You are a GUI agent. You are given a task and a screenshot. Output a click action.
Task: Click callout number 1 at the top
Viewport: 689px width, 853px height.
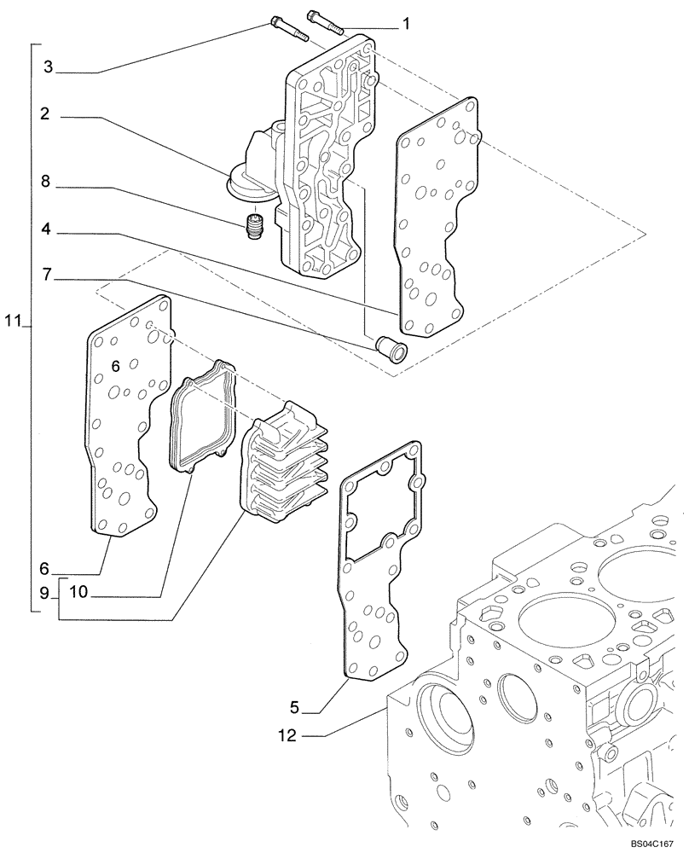coord(407,24)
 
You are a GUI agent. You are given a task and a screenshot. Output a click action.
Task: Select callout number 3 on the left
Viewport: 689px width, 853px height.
coord(49,67)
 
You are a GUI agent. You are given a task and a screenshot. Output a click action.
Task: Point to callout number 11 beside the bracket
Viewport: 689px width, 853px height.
coord(11,322)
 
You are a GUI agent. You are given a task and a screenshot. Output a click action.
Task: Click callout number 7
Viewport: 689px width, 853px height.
coord(49,276)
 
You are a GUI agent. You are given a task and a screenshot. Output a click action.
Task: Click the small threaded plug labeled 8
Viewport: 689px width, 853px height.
coord(253,228)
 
